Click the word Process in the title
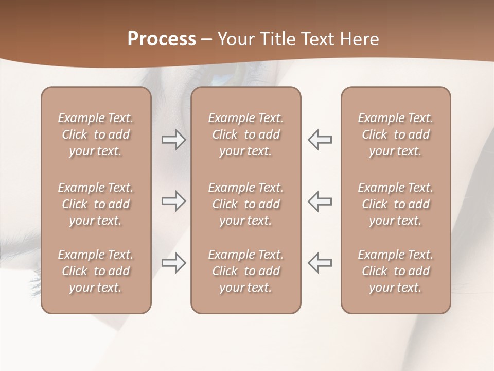point(162,39)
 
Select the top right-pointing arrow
point(173,140)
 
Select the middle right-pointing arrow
point(173,201)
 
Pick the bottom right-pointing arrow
point(173,263)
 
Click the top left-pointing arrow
point(320,140)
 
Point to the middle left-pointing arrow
point(320,201)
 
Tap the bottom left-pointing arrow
point(320,263)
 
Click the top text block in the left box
point(96,134)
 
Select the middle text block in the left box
point(96,204)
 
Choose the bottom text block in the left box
point(96,271)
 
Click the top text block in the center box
point(245,134)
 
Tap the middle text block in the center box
point(245,204)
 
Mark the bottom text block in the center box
point(245,271)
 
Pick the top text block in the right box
point(395,134)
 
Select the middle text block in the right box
point(395,204)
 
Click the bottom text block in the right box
point(395,271)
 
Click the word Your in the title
point(236,39)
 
